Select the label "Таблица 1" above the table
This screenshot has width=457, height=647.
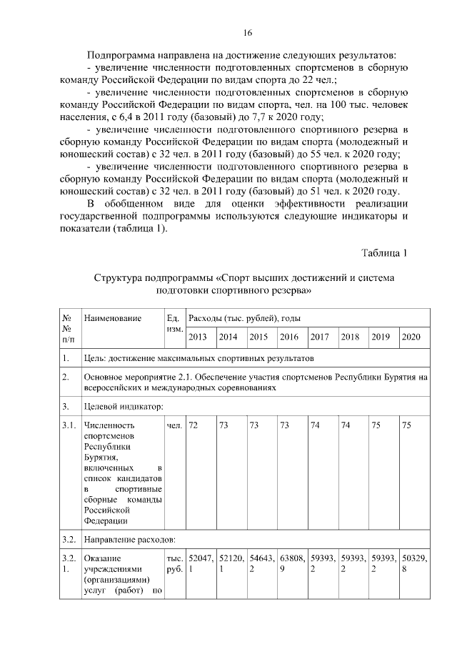tap(384, 252)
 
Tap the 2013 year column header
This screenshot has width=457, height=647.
tap(198, 337)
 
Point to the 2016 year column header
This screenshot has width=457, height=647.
tap(289, 337)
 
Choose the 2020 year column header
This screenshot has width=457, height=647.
tap(411, 337)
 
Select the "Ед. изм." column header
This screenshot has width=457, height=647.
tap(174, 323)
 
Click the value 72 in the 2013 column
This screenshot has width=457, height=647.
tap(194, 426)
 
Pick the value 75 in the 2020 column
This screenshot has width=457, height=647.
tap(407, 426)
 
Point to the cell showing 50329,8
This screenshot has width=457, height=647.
tap(412, 563)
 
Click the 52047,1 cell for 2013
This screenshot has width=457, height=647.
tap(199, 563)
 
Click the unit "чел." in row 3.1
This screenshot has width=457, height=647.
tap(174, 426)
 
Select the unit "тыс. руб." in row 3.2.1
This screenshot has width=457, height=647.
tap(174, 563)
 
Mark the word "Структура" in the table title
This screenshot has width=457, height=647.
tap(118, 277)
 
